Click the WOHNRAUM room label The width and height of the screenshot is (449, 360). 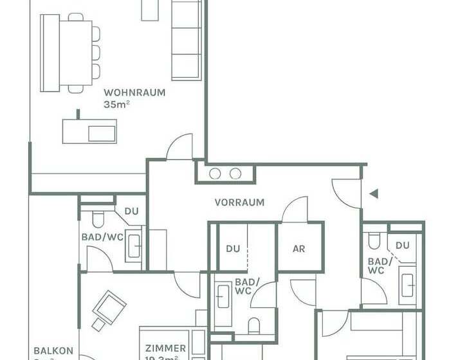coord(134,92)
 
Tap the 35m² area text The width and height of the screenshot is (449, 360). coord(116,104)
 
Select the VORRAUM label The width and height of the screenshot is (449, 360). coord(239,202)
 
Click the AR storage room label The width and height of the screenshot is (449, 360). coord(298,248)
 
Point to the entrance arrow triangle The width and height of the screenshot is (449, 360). coord(373,193)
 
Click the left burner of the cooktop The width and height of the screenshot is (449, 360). coord(215,174)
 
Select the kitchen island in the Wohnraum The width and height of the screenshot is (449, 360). coord(89,131)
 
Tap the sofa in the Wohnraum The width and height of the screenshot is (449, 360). coord(186,40)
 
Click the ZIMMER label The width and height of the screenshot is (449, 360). coord(166,348)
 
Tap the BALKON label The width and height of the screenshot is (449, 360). coord(53,352)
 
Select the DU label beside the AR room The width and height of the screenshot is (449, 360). coord(233,248)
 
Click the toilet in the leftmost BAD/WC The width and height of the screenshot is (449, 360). coord(98,221)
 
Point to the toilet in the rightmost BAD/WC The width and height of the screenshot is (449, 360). coord(373,240)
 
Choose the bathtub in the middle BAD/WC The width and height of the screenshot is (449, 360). coord(223,305)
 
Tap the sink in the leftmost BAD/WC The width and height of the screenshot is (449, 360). coord(134,246)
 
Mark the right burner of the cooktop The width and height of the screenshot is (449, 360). coord(235,174)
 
